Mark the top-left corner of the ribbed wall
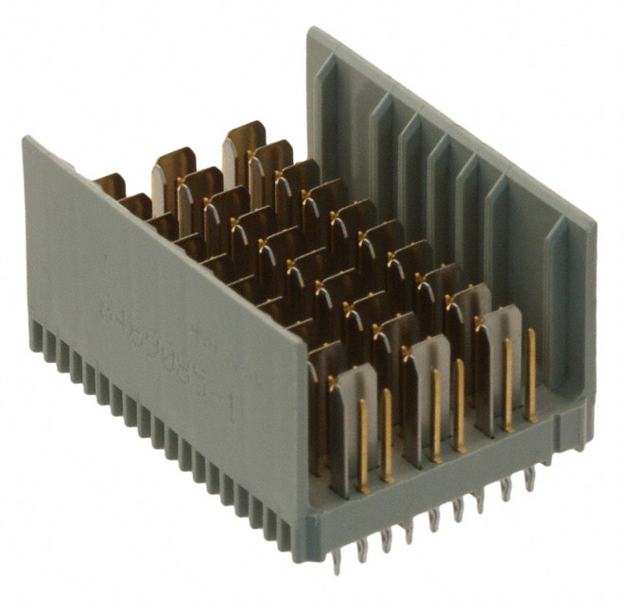click(x=310, y=30)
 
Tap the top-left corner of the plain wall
click(x=26, y=139)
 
